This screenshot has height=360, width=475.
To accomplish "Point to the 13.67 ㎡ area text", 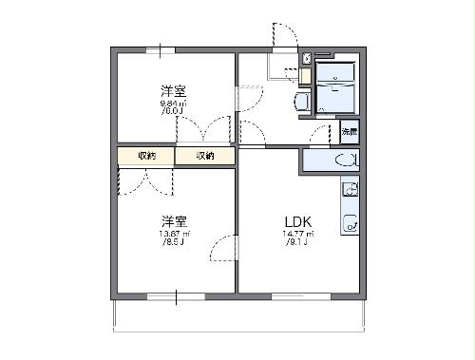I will coord(174,234).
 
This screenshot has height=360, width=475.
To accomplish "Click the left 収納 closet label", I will coord(146,156).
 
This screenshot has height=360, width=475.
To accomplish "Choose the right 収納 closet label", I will coord(205,156).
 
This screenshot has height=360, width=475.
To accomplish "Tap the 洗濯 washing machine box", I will coord(349,131).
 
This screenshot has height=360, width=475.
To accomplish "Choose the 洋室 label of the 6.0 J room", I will coord(173,90).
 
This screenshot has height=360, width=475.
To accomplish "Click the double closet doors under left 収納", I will coord(145,181).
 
